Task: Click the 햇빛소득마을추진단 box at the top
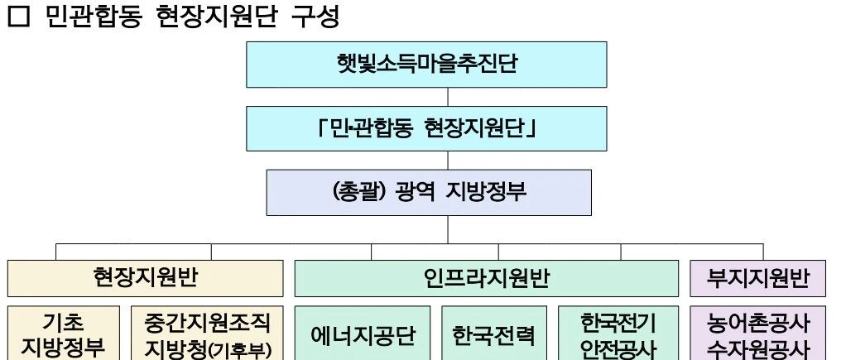pos(426,64)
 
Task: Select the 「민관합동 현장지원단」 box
pos(426,128)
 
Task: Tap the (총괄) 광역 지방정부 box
pos(428,192)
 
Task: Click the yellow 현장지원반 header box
pos(145,278)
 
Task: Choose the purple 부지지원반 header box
pos(757,278)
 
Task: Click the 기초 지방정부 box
pos(63,334)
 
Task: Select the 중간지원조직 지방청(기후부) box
pos(207,334)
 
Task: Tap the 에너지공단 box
pos(363,335)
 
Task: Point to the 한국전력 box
pos(494,335)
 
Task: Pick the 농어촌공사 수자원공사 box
pos(758,334)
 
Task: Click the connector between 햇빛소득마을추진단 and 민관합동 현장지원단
pos(426,97)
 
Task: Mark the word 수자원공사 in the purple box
pos(758,348)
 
